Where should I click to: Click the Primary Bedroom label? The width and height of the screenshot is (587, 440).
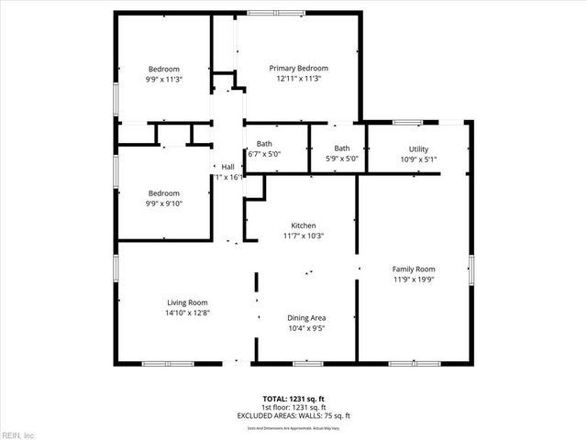tap(298, 68)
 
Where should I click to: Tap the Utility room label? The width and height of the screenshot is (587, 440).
tap(418, 149)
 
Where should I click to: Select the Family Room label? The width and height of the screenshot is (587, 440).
tap(413, 269)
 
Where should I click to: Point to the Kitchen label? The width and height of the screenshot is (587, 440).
tap(304, 225)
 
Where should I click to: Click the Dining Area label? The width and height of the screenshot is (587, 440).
tap(306, 317)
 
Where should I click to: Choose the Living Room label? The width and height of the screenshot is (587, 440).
tap(187, 302)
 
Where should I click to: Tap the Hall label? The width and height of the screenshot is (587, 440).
tap(228, 167)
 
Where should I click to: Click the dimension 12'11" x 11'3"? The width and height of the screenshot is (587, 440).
tap(298, 79)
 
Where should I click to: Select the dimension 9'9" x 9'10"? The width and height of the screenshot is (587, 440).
tap(164, 203)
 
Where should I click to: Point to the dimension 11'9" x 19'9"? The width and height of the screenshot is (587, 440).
tap(413, 279)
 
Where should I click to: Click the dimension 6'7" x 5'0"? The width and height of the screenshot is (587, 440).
tap(264, 154)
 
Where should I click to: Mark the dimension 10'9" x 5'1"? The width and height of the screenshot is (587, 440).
tap(418, 159)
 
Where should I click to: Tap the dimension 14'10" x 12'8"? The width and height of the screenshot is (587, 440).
tap(187, 313)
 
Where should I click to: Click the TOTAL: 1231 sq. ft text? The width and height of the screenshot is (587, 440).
tap(293, 398)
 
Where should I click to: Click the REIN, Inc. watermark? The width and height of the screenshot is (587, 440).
tap(17, 434)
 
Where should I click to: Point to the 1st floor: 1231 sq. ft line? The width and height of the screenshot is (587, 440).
tap(293, 406)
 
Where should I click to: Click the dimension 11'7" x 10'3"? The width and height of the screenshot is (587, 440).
tap(304, 236)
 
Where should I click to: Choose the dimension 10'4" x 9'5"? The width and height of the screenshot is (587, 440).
tap(306, 327)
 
